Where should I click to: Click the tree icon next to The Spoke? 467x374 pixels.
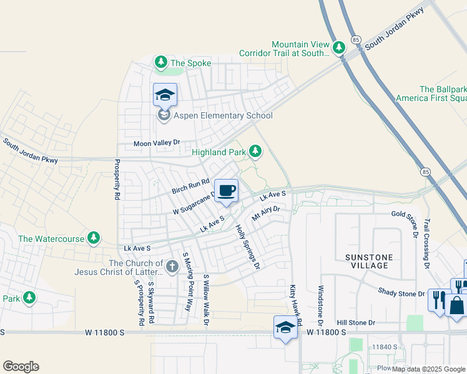click(161, 62)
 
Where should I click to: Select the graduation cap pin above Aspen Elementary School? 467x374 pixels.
click(165, 95)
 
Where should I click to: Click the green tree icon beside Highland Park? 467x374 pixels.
click(255, 151)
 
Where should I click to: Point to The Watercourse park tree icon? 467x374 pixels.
click(94, 237)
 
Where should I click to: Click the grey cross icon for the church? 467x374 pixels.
click(173, 267)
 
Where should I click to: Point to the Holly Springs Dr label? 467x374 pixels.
click(247, 247)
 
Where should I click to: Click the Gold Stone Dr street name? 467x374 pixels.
click(412, 214)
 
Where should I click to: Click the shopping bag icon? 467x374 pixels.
click(456, 305)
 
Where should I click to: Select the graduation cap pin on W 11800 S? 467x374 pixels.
click(285, 328)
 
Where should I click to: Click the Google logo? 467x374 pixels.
click(21, 367)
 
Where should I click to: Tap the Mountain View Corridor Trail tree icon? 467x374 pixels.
click(339, 47)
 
